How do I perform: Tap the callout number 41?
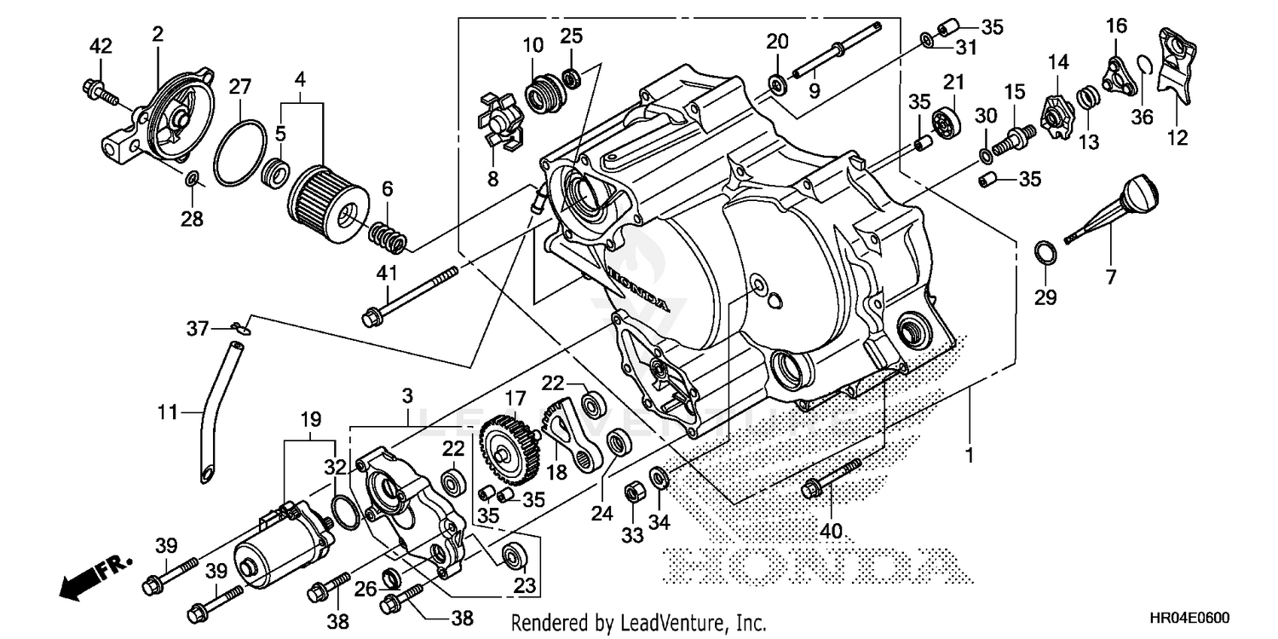pyautogui.click(x=388, y=273)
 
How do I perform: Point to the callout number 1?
pyautogui.click(x=968, y=457)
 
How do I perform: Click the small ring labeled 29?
pyautogui.click(x=1046, y=253)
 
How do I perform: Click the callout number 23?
pyautogui.click(x=524, y=585)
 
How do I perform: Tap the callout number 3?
pyautogui.click(x=408, y=396)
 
